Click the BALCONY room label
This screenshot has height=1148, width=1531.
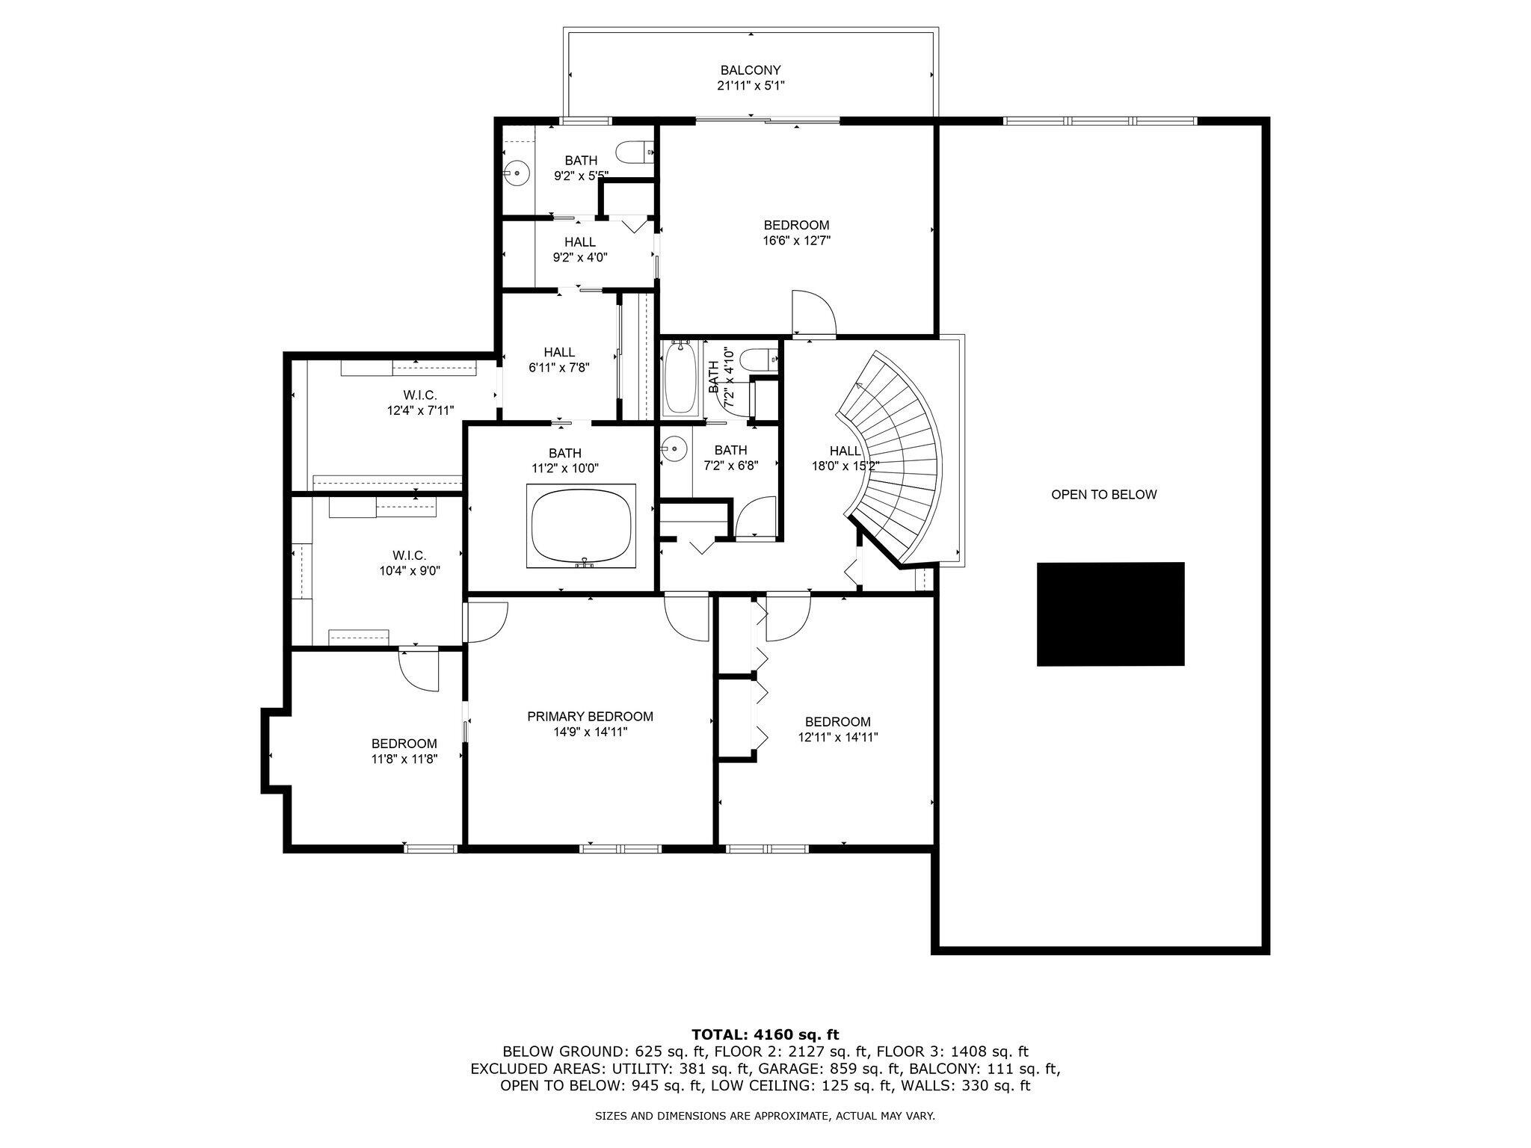pyautogui.click(x=751, y=70)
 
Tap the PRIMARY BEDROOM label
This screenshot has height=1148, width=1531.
pyautogui.click(x=590, y=716)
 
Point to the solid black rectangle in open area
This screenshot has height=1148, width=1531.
pyautogui.click(x=1110, y=614)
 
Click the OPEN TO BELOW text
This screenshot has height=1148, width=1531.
pyautogui.click(x=1103, y=495)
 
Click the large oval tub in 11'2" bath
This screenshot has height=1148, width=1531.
pyautogui.click(x=582, y=525)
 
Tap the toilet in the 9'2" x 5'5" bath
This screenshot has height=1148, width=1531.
pyautogui.click(x=635, y=152)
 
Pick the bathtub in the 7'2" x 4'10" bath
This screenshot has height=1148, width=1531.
pyautogui.click(x=680, y=378)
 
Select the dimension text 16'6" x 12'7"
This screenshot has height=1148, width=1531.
pyautogui.click(x=796, y=241)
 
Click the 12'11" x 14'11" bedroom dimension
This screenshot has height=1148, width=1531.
pyautogui.click(x=837, y=737)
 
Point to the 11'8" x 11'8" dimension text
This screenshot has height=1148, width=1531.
pyautogui.click(x=404, y=759)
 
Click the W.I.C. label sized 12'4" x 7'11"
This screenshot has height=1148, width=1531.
pyautogui.click(x=419, y=395)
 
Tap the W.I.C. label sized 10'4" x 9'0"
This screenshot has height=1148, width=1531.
pyautogui.click(x=409, y=555)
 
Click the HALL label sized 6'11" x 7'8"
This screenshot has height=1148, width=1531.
pyautogui.click(x=559, y=352)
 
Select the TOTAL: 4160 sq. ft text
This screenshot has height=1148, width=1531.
pyautogui.click(x=765, y=1034)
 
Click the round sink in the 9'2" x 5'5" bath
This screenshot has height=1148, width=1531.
pyautogui.click(x=515, y=173)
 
